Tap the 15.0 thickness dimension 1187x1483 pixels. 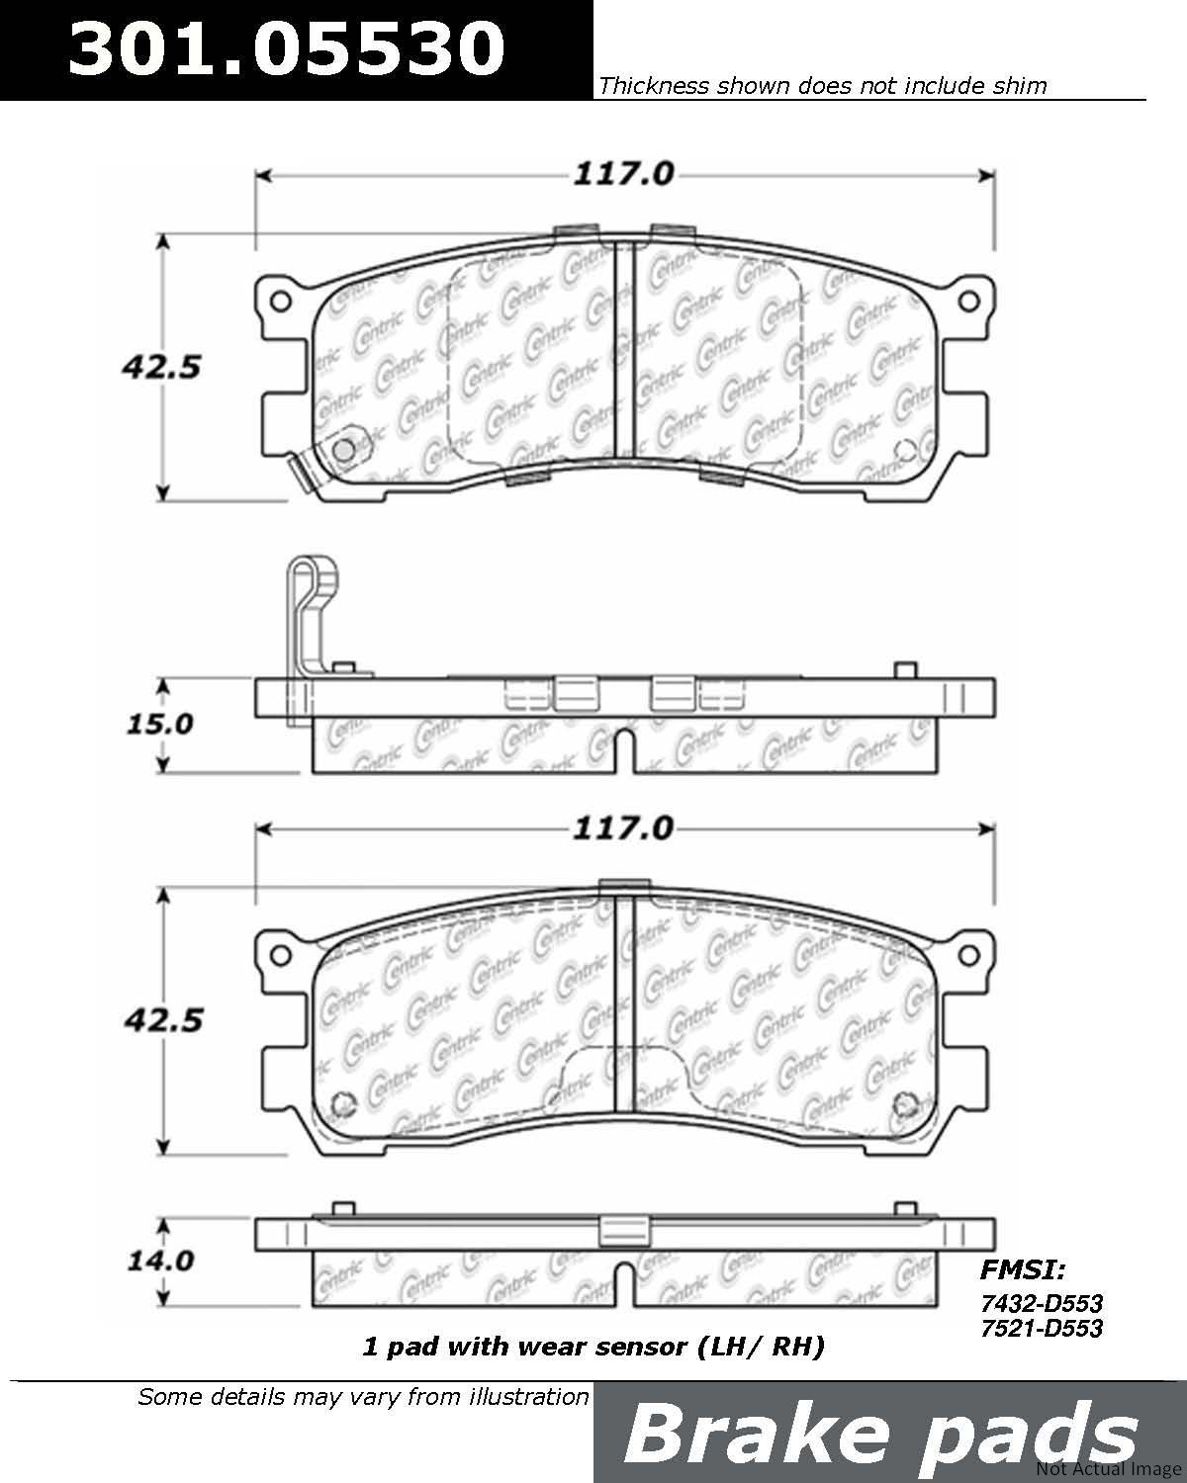(x=159, y=725)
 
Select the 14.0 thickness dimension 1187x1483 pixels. (x=159, y=1262)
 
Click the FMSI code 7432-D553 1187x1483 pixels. (x=1041, y=1303)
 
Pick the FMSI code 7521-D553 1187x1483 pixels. (x=1041, y=1328)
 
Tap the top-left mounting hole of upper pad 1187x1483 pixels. (x=280, y=302)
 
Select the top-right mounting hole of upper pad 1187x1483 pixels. (x=968, y=301)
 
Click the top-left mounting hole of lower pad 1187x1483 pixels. (x=280, y=956)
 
